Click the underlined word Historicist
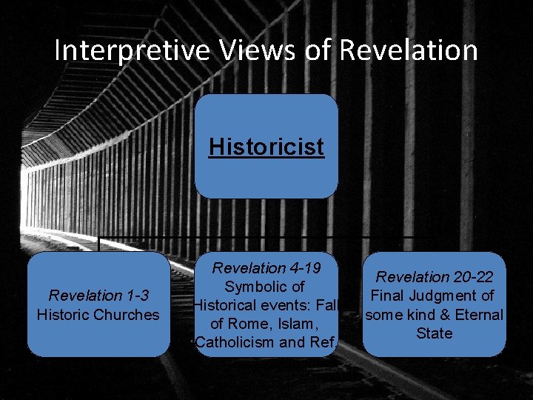click(266, 147)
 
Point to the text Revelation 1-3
click(98, 296)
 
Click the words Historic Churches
click(98, 314)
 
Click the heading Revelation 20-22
click(435, 277)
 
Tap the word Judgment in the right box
click(442, 296)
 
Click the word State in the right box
click(435, 333)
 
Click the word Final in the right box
click(386, 296)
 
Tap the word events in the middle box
click(272, 305)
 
